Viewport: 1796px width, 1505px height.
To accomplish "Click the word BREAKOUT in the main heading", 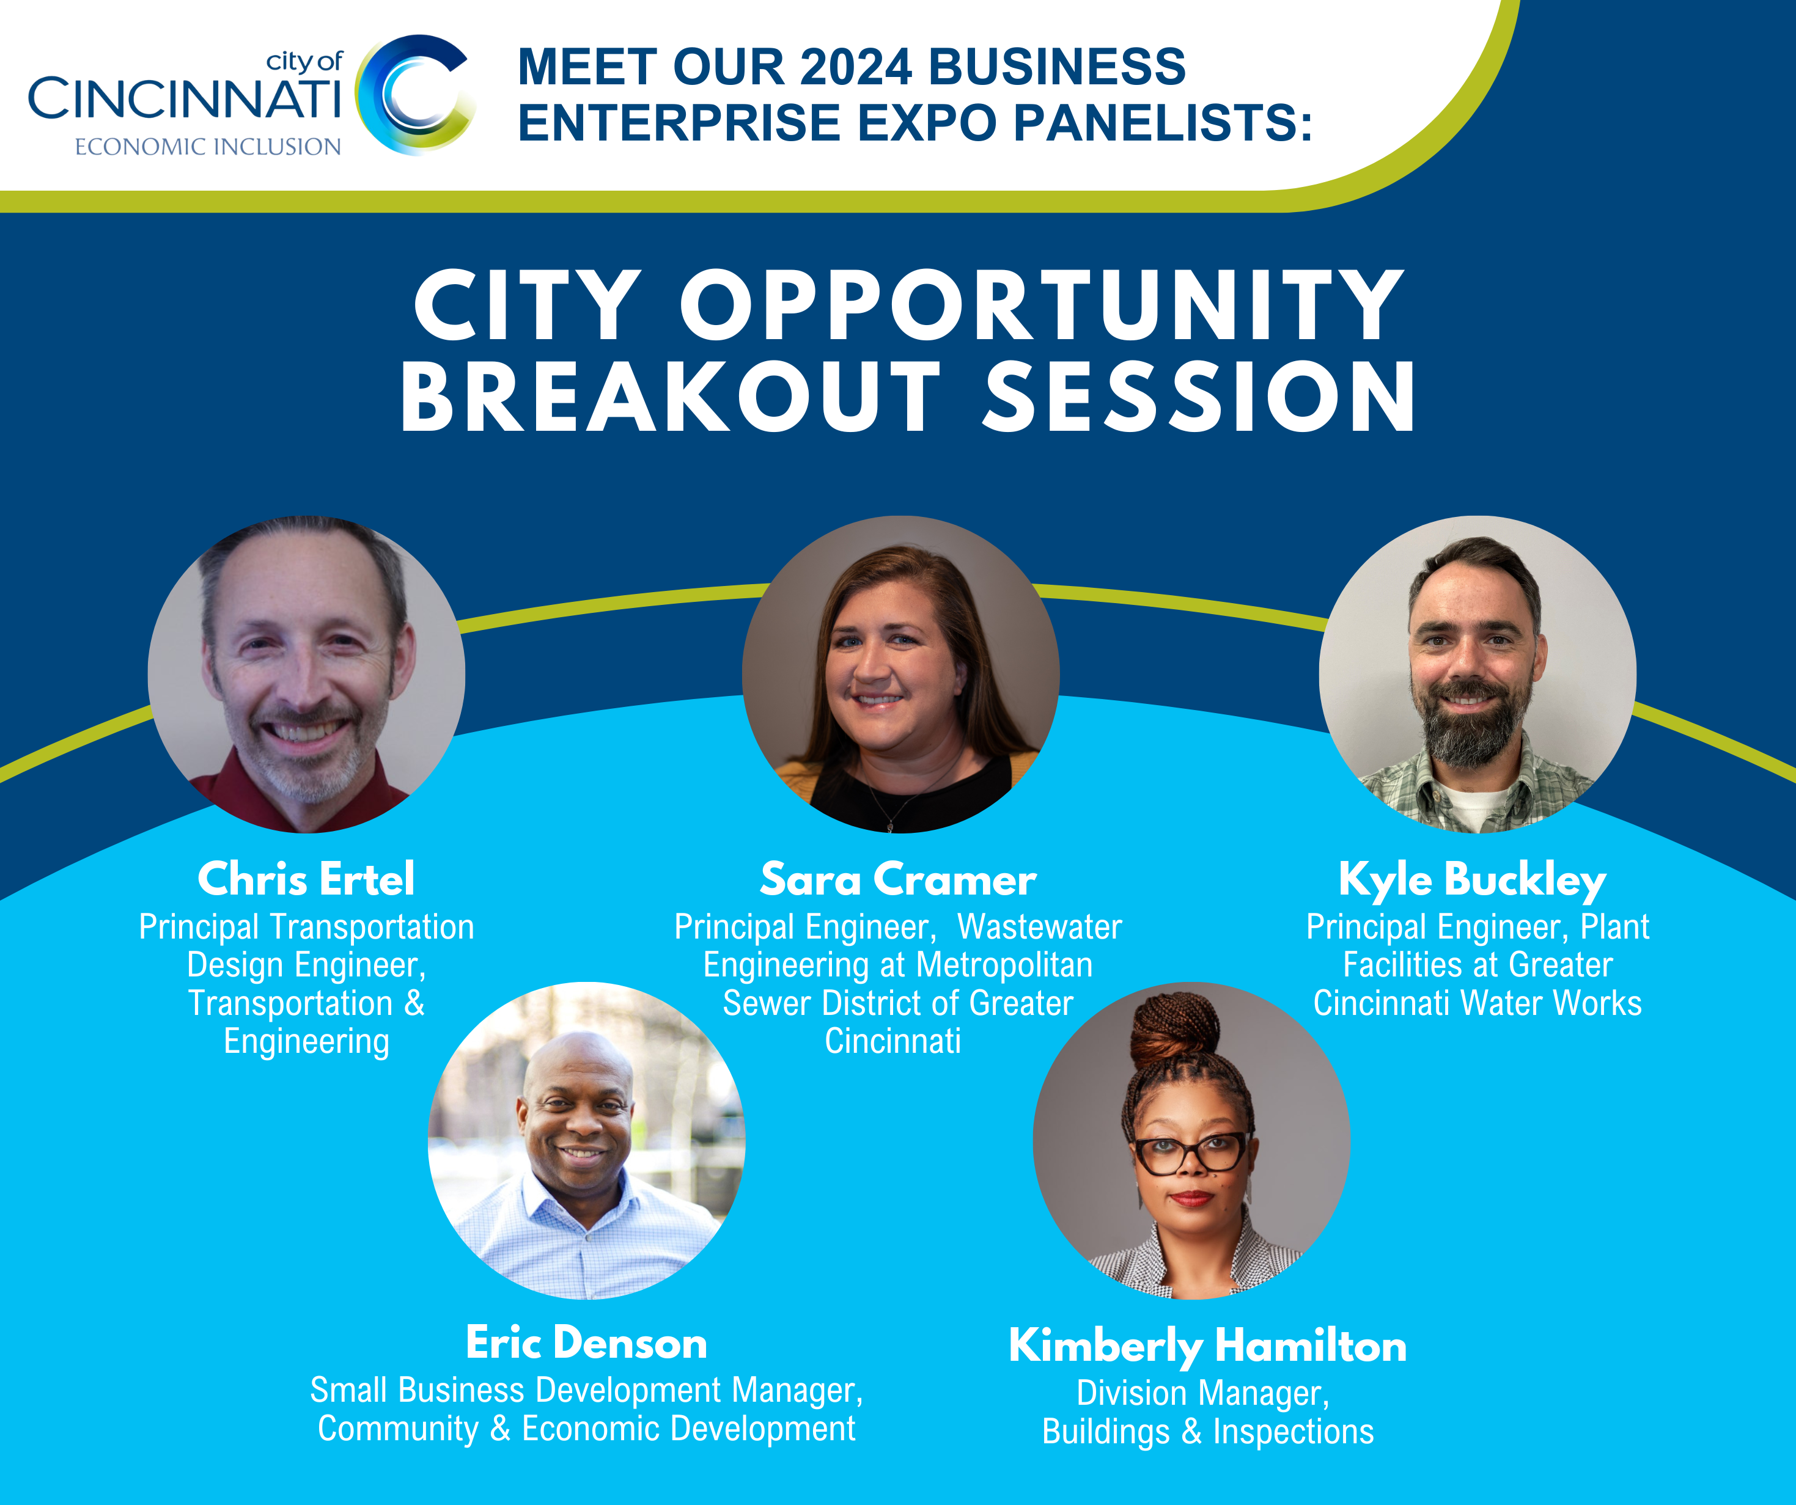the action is (671, 396).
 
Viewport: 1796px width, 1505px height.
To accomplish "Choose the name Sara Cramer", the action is (898, 879).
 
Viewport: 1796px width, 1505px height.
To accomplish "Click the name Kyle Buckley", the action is (1473, 881).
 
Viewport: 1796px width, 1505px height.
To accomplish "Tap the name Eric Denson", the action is (587, 1342).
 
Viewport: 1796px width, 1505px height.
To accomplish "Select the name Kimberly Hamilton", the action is (1207, 1347).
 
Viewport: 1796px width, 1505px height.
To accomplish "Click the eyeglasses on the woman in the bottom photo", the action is (1190, 1152).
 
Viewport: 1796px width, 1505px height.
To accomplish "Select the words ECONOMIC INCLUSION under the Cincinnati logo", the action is (208, 147).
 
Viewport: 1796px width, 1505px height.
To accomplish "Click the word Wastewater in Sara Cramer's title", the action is (1039, 927).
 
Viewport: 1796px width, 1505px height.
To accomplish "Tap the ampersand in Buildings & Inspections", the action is (1191, 1432).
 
